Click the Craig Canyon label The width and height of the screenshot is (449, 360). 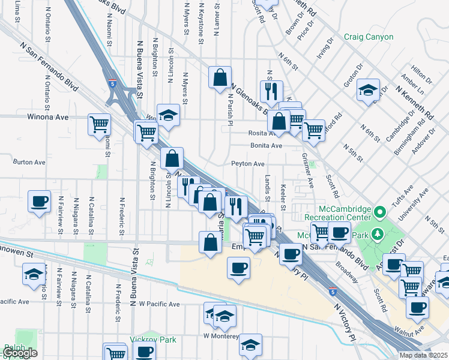coord(369,37)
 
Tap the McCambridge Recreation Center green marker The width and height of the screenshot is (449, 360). coord(379,212)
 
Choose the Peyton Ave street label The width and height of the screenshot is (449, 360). coord(248,164)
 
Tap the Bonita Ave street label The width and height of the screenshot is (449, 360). coord(266,146)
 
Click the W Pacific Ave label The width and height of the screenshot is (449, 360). coord(159,304)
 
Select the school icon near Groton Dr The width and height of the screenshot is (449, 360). coord(368,91)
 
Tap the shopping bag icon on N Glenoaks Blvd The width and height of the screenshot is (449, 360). coord(220,77)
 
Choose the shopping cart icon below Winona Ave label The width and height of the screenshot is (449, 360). coord(100,125)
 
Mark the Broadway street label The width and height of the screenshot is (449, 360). coord(346,272)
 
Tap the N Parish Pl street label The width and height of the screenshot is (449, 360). coord(229,110)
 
